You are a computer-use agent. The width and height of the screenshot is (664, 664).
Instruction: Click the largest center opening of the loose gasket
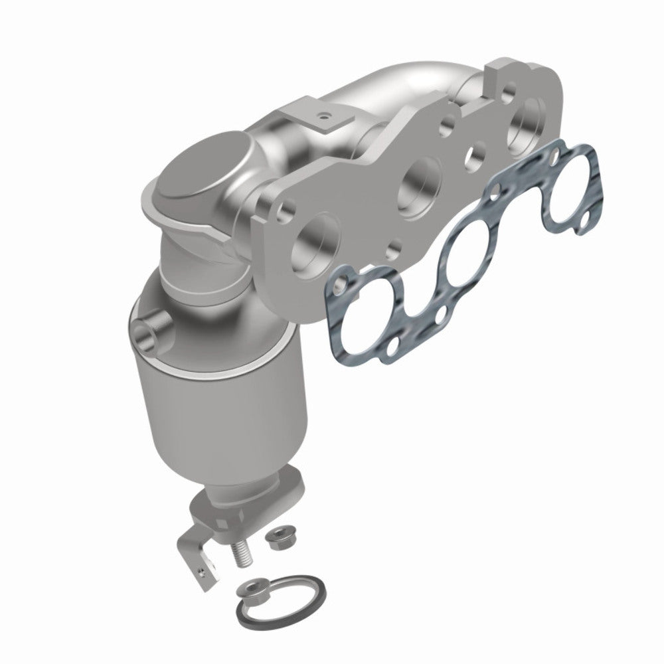(x=468, y=254)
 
